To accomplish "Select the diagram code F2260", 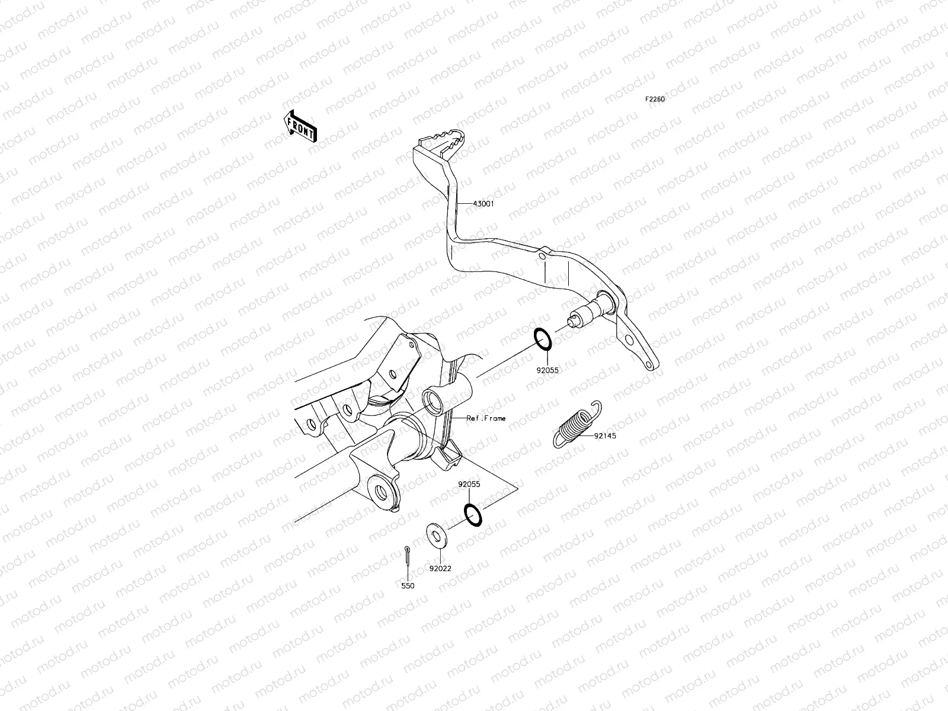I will click(655, 100).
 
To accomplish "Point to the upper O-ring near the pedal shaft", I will click(544, 338).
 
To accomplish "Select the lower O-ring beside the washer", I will click(472, 514).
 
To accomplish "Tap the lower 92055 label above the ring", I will click(469, 484).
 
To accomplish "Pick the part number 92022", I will click(440, 568).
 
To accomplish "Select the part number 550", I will click(408, 586).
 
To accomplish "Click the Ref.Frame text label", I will click(486, 418).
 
